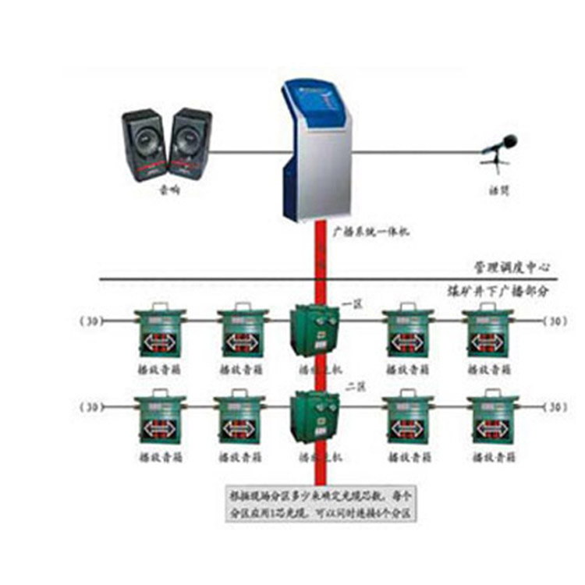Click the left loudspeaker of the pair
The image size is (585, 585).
pyautogui.click(x=144, y=145)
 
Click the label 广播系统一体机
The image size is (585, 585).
pyautogui.click(x=370, y=232)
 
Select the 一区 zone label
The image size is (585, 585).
pyautogui.click(x=350, y=307)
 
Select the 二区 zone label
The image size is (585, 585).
pyautogui.click(x=350, y=385)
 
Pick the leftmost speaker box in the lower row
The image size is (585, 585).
pyautogui.click(x=159, y=420)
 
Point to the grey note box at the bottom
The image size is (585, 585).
pyautogui.click(x=320, y=505)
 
